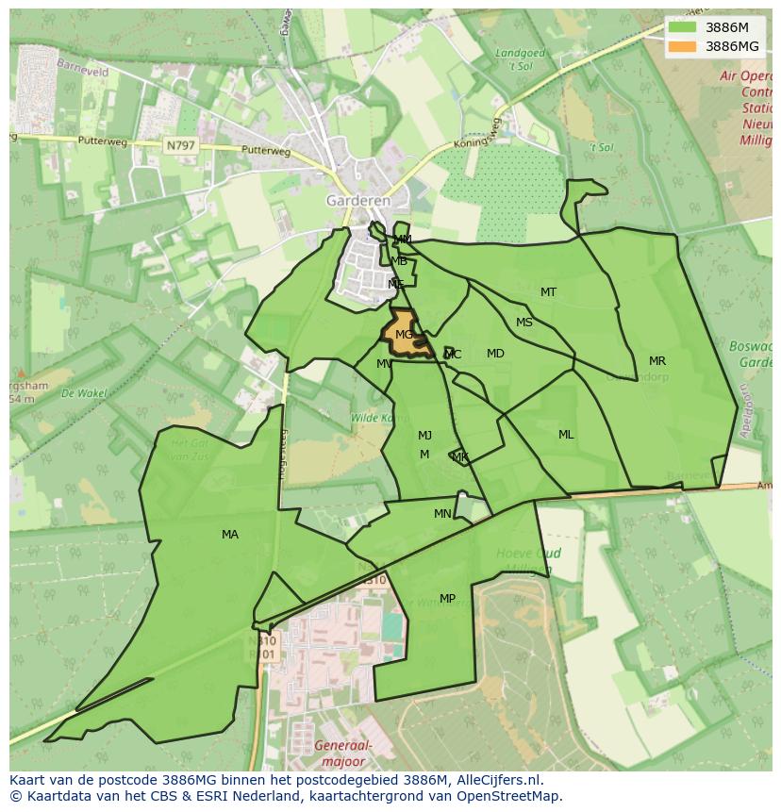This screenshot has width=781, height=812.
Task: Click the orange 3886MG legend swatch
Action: [x=683, y=46]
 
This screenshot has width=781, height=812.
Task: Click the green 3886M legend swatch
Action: [x=683, y=27]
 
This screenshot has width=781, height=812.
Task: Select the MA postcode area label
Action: [x=230, y=535]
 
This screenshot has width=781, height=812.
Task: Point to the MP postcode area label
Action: [x=447, y=599]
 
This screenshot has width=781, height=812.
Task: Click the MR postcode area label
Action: [x=657, y=361]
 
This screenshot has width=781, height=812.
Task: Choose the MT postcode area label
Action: [x=548, y=292]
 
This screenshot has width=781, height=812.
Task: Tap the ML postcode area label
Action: [x=566, y=435]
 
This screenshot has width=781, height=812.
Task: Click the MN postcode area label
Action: [x=442, y=514]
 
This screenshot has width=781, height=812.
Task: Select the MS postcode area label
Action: [x=524, y=323]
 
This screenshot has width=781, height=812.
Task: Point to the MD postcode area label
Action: [x=495, y=354]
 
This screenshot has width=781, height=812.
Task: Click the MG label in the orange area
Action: [x=404, y=335]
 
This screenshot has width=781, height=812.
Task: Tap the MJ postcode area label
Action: [x=424, y=436]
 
